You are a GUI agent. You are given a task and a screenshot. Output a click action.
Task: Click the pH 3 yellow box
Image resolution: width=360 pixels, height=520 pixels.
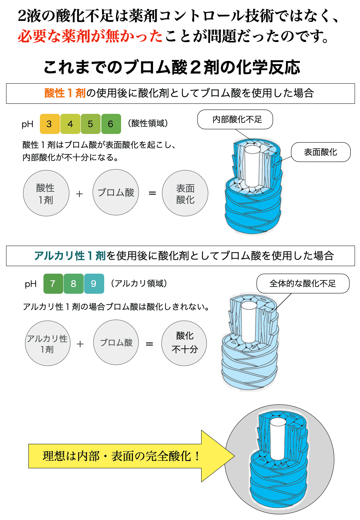click(x=50, y=124)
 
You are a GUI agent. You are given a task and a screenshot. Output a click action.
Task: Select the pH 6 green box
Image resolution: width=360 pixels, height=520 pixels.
click(x=111, y=124)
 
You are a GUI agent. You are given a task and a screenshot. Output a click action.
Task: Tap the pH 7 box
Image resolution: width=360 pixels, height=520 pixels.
click(x=53, y=283)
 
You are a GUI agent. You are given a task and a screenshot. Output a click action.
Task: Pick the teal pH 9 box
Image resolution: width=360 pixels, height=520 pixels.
click(x=94, y=283)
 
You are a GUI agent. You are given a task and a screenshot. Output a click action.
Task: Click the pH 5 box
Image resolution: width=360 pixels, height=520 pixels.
click(x=91, y=124)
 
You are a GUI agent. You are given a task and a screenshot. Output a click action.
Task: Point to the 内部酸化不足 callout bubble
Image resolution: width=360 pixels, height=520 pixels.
click(x=235, y=119)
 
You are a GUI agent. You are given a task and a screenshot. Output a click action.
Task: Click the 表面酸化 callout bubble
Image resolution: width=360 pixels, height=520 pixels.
click(x=321, y=152)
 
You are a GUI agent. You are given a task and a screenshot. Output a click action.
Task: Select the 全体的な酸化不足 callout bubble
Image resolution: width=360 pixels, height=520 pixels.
click(x=303, y=283)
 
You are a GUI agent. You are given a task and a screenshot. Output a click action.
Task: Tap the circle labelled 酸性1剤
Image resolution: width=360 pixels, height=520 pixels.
click(x=46, y=193)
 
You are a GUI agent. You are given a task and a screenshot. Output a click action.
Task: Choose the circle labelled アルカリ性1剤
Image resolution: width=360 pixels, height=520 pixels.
click(x=48, y=343)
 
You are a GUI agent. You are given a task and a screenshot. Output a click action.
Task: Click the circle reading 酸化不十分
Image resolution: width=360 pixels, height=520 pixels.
click(x=184, y=343)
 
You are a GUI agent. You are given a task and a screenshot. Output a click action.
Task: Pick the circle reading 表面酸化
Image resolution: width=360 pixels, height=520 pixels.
click(x=185, y=193)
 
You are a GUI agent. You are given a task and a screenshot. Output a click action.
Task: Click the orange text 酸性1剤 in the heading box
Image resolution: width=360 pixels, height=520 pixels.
click(x=65, y=93)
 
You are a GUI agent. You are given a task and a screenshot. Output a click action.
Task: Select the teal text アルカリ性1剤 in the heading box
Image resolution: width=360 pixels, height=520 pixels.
click(x=70, y=256)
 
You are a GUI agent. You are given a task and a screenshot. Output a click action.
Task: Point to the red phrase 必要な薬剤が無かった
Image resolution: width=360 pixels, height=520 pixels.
click(x=90, y=36)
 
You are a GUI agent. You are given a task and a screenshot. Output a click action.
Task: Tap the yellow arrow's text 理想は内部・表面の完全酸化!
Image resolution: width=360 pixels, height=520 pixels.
click(x=121, y=456)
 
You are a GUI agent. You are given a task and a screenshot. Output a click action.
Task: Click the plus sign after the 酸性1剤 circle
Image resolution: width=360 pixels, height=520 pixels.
click(x=79, y=194)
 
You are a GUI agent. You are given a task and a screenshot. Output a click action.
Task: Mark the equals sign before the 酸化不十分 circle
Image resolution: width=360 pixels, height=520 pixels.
click(x=149, y=344)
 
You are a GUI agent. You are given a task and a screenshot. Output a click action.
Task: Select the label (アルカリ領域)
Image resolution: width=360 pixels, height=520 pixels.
click(x=139, y=283)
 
